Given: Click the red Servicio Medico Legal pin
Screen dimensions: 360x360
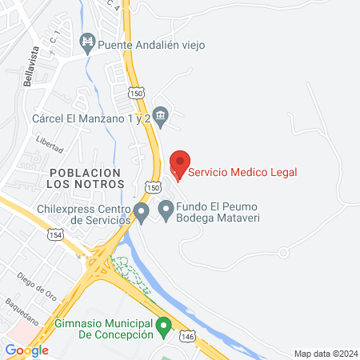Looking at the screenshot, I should pos(180,162).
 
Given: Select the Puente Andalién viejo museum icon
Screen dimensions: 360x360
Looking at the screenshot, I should pos(89,40).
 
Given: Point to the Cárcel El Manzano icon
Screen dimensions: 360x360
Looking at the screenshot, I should pos(160,118).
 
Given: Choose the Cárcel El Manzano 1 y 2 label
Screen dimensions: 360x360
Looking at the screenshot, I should pos(91,118).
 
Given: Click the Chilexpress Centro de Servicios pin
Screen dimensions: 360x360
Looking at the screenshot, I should pos(142,213).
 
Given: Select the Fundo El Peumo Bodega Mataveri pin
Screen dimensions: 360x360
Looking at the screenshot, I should pos(166,210).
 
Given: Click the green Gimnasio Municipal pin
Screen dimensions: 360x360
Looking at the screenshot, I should pos(163,326).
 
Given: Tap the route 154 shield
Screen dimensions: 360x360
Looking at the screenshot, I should pos(55,234).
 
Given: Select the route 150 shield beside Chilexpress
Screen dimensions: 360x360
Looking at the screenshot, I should pos(150,186).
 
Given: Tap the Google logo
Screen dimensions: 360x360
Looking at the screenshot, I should pos(26,350).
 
